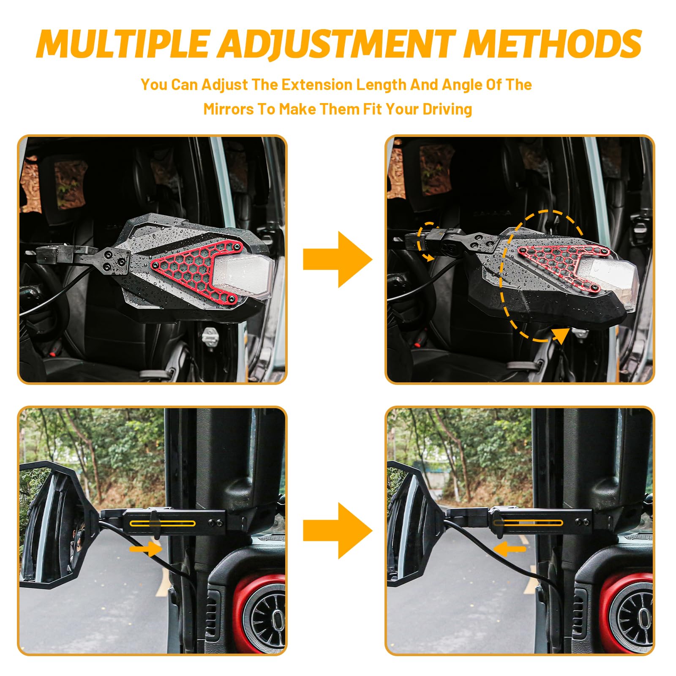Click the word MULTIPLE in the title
[x=123, y=44]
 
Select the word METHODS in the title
[x=553, y=44]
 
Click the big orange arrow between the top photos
[x=338, y=259]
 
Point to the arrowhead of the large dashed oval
[x=561, y=335]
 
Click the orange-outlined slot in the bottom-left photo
[x=163, y=523]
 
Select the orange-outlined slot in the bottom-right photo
[x=528, y=523]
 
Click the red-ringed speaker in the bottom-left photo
[x=260, y=613]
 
